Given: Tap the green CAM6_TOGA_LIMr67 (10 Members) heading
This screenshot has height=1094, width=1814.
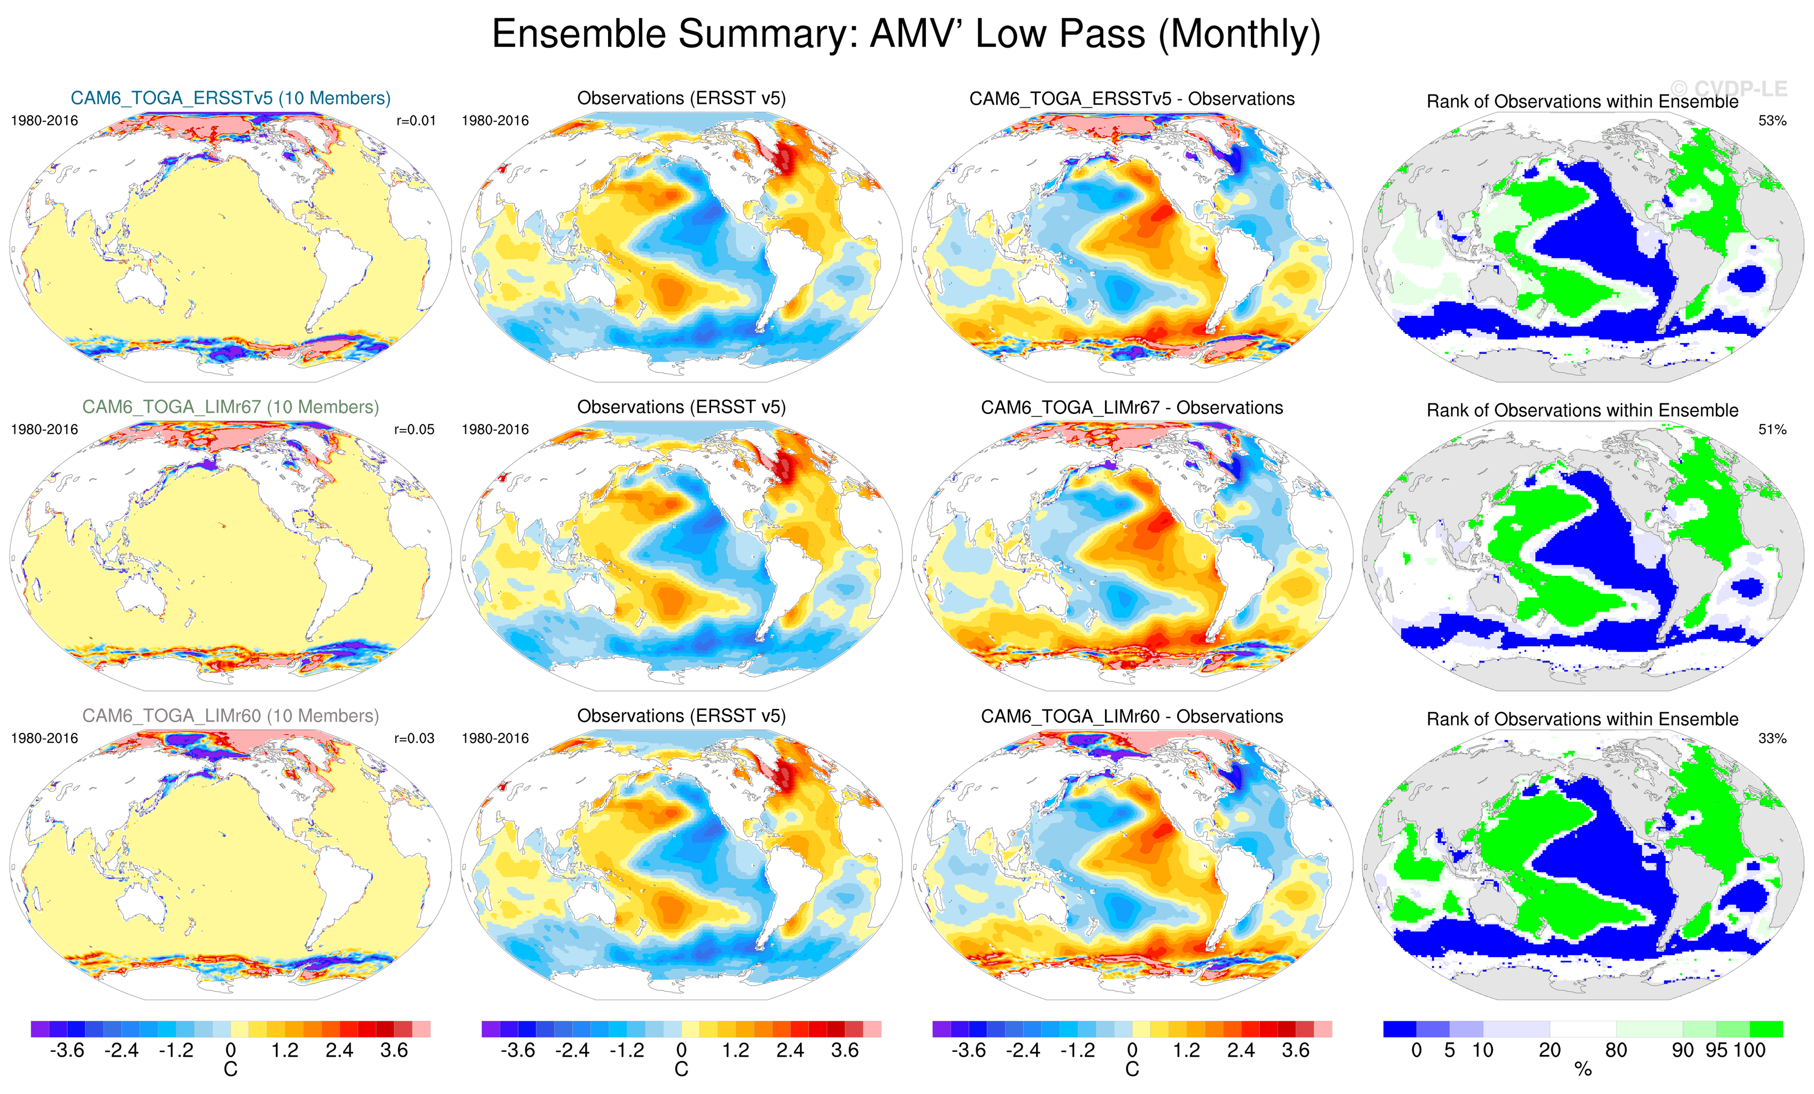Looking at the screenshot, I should [x=230, y=407].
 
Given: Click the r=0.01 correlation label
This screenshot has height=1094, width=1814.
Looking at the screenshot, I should [x=416, y=121].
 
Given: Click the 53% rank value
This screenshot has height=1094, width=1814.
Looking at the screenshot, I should [x=1772, y=121].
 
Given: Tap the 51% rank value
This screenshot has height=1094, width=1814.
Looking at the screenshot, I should [x=1772, y=429].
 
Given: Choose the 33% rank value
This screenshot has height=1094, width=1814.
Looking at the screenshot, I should [x=1772, y=738].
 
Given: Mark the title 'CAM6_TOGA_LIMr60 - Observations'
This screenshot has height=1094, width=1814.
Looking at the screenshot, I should [x=1132, y=716].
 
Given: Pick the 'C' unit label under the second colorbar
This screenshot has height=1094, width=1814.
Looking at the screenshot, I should [x=681, y=1069].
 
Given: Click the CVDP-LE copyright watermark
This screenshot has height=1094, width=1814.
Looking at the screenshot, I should [x=1729, y=89].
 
